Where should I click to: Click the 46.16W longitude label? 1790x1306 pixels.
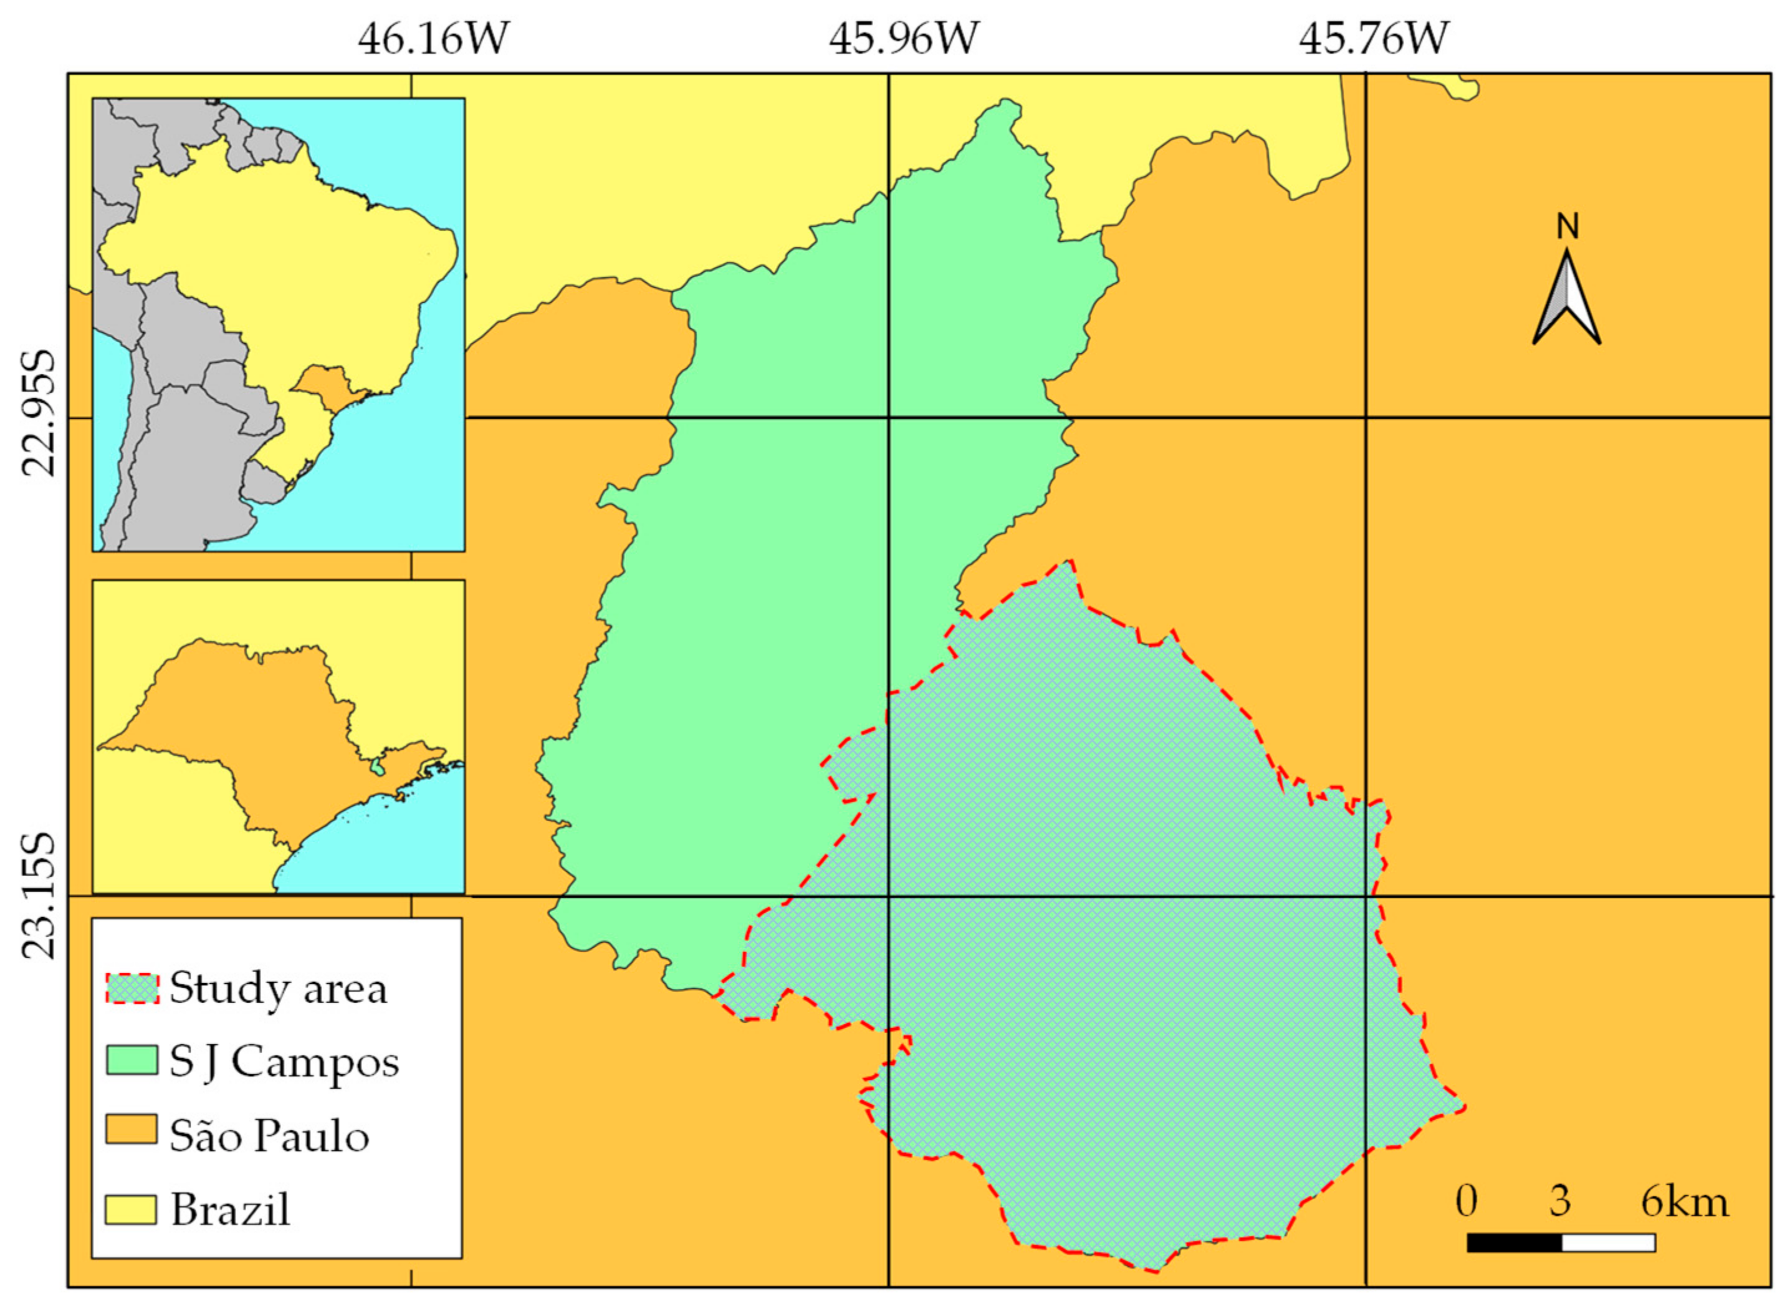433,38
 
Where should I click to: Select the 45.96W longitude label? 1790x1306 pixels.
904,38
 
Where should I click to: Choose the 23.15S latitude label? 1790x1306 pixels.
38,896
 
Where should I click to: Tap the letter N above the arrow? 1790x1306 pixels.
1567,227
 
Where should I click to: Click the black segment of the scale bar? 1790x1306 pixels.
1514,1242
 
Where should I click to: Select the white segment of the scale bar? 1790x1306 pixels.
1608,1242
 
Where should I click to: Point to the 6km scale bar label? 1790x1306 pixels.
1685,1203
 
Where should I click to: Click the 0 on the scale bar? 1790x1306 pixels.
1466,1203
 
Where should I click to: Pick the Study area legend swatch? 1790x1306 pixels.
132,988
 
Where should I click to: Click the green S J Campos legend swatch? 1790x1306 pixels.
132,1061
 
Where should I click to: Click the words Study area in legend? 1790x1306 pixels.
279,989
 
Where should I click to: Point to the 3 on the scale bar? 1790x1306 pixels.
1559,1203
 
